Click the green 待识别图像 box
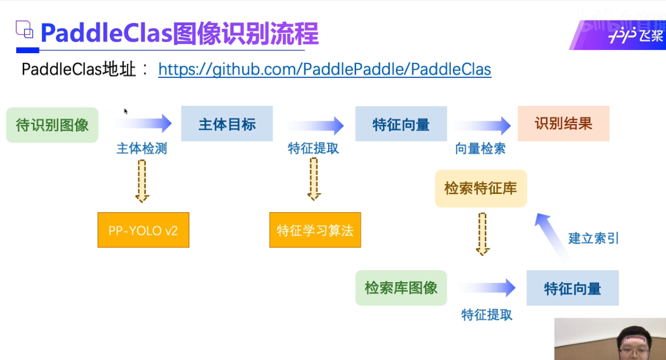pos(52,125)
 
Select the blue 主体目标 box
pos(227,124)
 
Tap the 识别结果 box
pos(563,124)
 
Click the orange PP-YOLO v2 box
pos(143,230)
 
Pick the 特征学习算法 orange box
pos(315,230)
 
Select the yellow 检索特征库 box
pos(481,188)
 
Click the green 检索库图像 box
pos(401,288)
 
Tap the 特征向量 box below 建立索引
pos(572,288)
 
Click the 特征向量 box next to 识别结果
pos(401,124)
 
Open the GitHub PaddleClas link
pos(325,69)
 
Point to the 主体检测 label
pos(142,148)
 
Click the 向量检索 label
pos(480,148)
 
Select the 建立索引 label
pos(593,238)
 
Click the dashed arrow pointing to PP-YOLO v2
pos(142,180)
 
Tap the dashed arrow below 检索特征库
pos(483,233)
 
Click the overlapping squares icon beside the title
pos(24,30)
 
